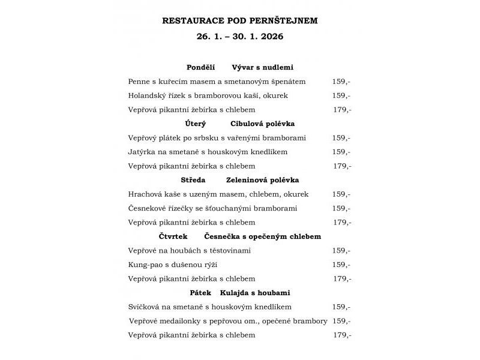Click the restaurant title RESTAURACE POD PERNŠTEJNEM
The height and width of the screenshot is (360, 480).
coord(240,20)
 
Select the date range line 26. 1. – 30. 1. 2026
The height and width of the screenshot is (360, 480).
coord(240,36)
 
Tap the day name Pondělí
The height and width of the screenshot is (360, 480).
coord(200,68)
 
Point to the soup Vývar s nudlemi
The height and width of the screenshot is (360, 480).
coord(262,68)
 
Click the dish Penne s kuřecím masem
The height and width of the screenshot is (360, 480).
coord(217,82)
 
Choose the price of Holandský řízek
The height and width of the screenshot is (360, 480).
coord(341,95)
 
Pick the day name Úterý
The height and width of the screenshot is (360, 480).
coord(196,124)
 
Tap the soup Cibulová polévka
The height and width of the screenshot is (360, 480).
coord(262,124)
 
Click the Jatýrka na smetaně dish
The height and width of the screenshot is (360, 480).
coord(208,152)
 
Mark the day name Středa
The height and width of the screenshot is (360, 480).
coord(193,180)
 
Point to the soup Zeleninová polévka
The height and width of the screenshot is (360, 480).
coord(262,180)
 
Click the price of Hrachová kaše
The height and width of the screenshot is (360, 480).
coord(341,194)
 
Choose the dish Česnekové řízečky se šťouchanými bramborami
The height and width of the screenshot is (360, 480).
coord(212,208)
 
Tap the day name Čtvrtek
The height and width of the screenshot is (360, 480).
coord(173,236)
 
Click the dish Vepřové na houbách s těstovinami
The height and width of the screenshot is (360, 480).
coord(189,250)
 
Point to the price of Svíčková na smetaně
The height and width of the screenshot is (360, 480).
coord(341,307)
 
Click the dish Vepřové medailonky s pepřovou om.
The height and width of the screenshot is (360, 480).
coord(228,321)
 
